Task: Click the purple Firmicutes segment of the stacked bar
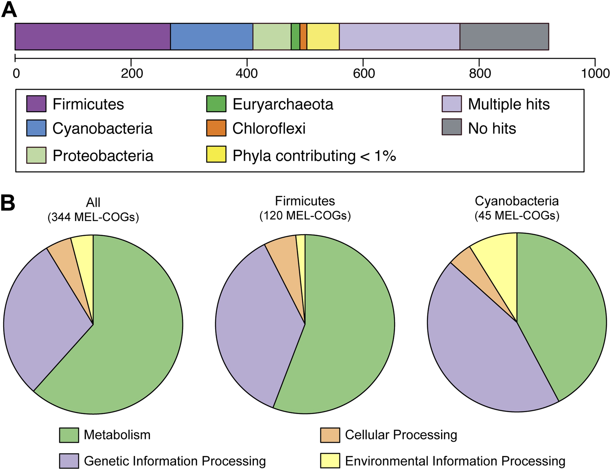(92, 37)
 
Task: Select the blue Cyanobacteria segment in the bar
(212, 37)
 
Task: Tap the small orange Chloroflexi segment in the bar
(303, 37)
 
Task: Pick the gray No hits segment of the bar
(504, 37)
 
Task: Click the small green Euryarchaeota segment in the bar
(295, 37)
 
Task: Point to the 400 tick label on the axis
(247, 74)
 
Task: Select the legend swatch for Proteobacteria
(36, 155)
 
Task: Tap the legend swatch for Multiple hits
(452, 104)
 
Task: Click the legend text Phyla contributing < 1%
(314, 156)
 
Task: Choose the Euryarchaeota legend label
(283, 104)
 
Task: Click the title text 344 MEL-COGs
(93, 217)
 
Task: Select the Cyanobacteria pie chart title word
(517, 201)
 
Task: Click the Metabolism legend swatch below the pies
(69, 435)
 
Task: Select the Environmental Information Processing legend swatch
(330, 461)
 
